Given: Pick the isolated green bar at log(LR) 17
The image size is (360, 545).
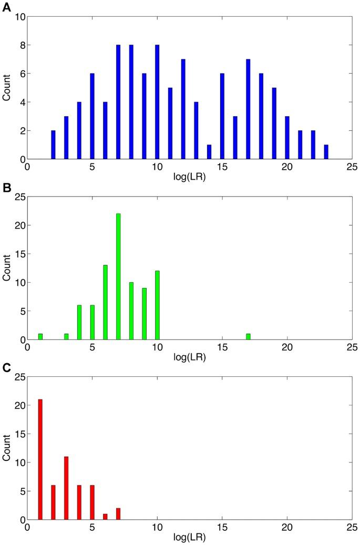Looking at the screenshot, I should pos(248,336).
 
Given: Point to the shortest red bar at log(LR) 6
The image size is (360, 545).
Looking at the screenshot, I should pos(105,517).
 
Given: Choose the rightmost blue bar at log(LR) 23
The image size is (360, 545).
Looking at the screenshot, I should pos(326,152).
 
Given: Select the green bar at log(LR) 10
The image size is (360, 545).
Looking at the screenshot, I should pos(157,305).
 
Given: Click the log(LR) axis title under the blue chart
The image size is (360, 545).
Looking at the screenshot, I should pos(189,177).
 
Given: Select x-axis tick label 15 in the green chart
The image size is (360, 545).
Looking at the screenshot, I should pos(222,348).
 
